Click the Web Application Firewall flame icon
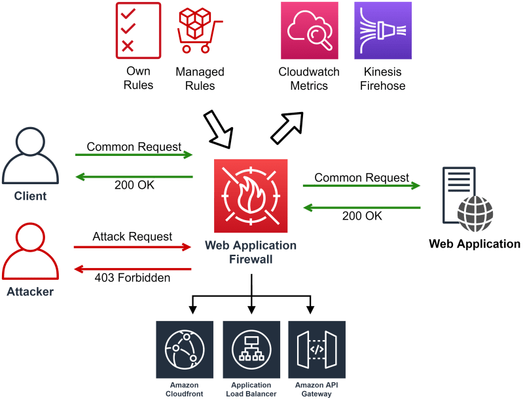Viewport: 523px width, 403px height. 251,196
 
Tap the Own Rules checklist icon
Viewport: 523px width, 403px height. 138,30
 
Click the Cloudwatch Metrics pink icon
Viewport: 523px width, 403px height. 309,30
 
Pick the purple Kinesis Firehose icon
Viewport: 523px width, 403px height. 382,30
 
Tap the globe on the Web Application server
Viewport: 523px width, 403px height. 475,214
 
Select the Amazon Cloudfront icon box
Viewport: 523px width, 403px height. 185,360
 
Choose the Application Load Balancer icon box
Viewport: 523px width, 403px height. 251,360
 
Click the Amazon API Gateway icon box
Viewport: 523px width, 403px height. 317,360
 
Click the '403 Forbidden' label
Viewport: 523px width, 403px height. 133,278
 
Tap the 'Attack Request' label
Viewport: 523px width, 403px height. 132,236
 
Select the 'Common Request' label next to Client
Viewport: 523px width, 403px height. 134,147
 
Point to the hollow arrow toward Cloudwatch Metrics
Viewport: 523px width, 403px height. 287,126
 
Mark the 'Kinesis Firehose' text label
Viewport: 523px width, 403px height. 382,79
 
